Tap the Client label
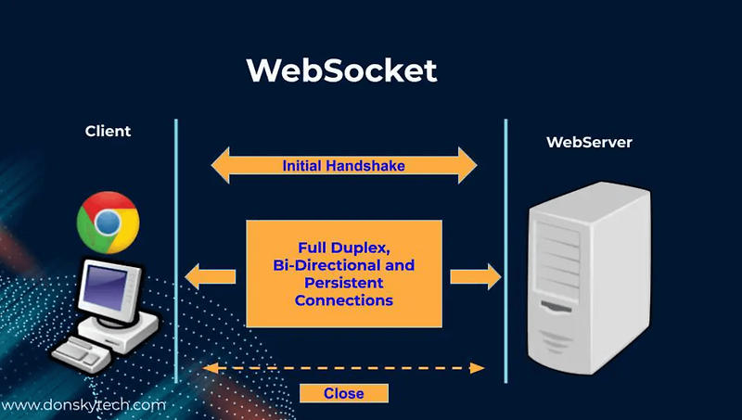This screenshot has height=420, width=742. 108,131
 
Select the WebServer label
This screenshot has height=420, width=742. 589,143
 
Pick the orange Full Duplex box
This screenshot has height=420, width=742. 343,274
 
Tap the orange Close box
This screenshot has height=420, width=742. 343,393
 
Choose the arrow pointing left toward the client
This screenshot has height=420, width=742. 211,275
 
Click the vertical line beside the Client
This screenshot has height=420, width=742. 175,250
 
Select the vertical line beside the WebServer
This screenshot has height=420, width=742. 505,250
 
